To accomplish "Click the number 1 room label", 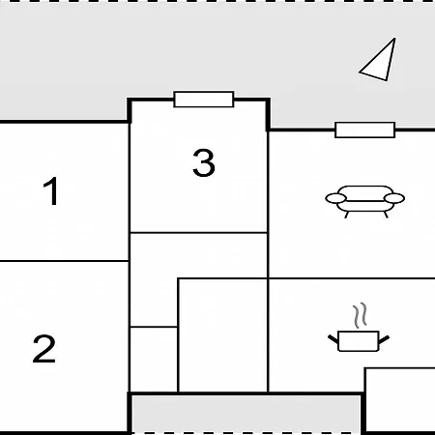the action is click(51, 190).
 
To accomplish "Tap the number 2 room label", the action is click(44, 349).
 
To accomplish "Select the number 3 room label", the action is click(204, 162).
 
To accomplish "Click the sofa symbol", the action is click(365, 201).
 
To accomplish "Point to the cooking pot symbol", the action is click(359, 341).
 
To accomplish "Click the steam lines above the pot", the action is click(360, 315).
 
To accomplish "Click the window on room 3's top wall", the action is click(204, 100).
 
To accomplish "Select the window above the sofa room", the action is click(365, 130).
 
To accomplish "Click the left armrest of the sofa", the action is click(335, 198).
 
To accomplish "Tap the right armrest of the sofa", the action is click(394, 198).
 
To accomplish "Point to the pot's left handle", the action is click(333, 339).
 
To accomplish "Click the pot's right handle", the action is click(384, 339).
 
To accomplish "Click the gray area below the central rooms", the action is click(246, 414).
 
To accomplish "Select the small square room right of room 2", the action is click(154, 360).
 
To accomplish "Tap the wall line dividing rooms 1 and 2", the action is click(64, 261).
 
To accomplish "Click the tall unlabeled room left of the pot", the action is click(223, 335).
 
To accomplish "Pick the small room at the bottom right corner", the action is click(400, 400).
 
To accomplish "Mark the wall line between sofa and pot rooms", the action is click(352, 277).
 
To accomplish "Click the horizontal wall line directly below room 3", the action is click(198, 232).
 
